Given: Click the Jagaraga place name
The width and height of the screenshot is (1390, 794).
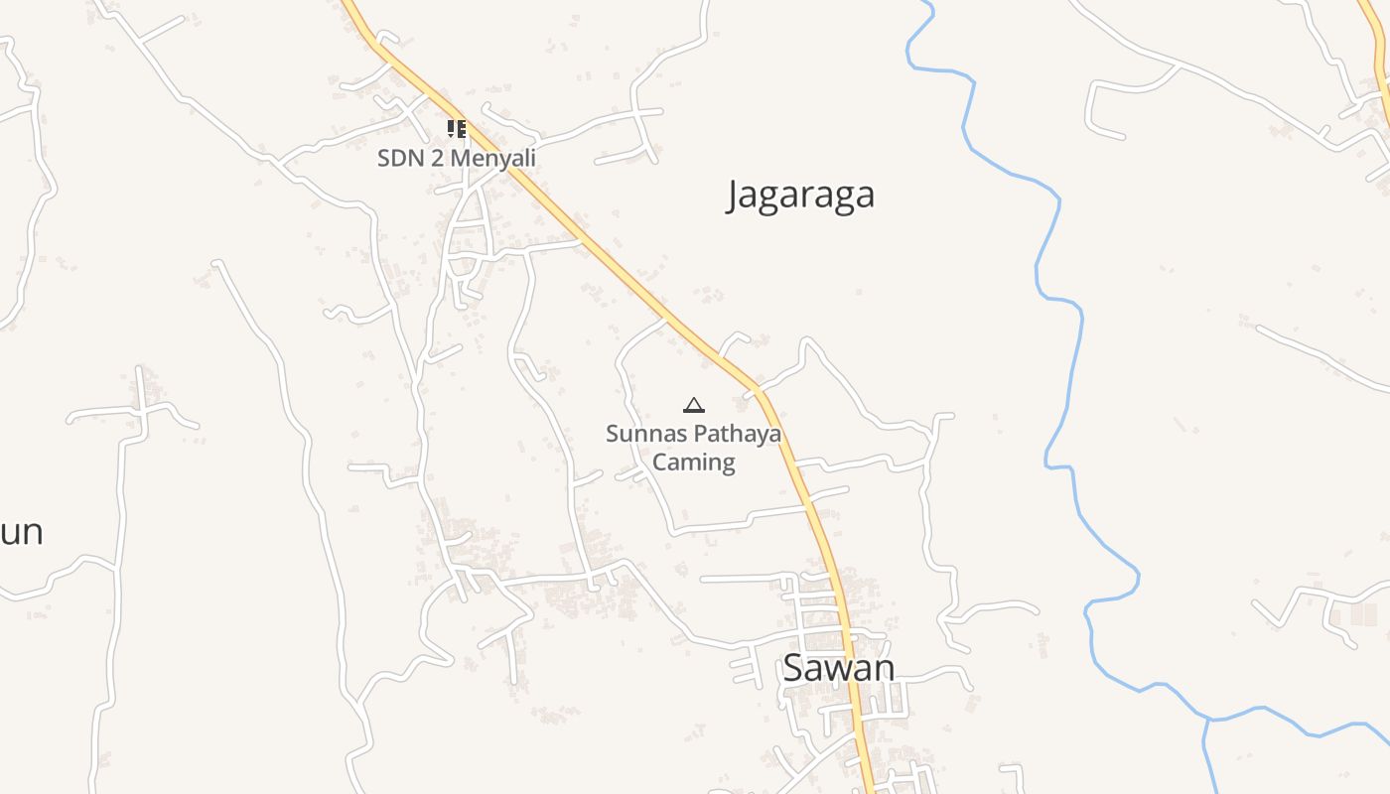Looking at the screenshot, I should [800, 195].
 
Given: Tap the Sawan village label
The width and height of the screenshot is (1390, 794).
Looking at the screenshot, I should [838, 668].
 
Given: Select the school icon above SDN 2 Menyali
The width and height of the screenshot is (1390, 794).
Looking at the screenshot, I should [456, 129].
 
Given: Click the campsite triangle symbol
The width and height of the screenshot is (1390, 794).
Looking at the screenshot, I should [694, 405].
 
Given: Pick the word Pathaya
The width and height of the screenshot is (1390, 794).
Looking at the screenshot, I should [737, 434].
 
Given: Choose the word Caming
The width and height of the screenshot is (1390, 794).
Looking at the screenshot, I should [694, 462].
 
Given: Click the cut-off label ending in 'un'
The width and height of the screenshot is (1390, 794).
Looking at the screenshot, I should [21, 532].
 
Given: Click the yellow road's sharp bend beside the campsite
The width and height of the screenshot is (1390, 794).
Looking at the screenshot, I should [760, 390].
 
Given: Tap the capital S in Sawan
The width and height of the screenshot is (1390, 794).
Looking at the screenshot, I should [792, 668].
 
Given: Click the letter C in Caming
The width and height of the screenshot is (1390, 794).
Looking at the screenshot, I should [659, 462].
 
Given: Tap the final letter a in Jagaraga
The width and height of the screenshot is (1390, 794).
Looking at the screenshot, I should [865, 197].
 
